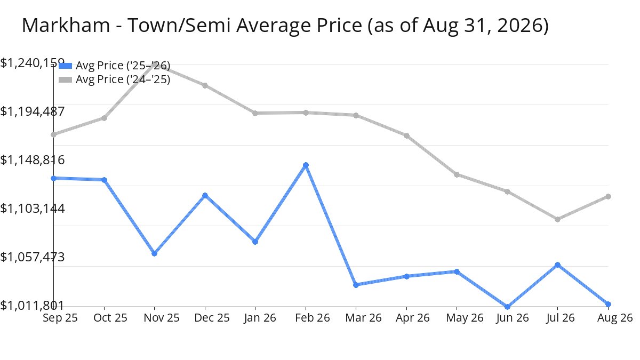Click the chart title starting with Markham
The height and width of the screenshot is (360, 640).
point(285,26)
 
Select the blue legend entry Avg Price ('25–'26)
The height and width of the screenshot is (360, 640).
point(114,66)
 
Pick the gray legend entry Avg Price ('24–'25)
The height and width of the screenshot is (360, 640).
point(114,79)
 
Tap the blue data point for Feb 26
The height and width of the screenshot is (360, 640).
point(306,165)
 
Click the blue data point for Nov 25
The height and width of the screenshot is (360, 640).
point(154,253)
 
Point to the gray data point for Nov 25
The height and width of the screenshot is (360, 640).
point(154,65)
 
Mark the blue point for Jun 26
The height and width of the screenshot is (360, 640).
point(507,307)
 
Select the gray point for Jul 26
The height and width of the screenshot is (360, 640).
point(557,219)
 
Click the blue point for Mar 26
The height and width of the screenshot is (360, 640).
point(356,285)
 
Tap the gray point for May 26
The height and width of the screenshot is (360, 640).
point(457,174)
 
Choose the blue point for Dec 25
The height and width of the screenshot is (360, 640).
point(205,195)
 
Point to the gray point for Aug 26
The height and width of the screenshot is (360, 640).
point(609,197)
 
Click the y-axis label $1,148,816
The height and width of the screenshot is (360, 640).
point(33,160)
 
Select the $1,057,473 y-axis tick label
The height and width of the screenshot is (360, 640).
point(33,257)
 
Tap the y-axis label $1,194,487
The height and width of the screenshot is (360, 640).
point(33,111)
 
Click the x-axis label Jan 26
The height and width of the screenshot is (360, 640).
point(260,318)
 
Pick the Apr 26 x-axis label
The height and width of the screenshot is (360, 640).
point(413,318)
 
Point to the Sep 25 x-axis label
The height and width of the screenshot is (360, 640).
point(60,318)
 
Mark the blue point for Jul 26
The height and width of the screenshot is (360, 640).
point(557,265)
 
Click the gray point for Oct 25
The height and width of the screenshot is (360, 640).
point(105,118)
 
